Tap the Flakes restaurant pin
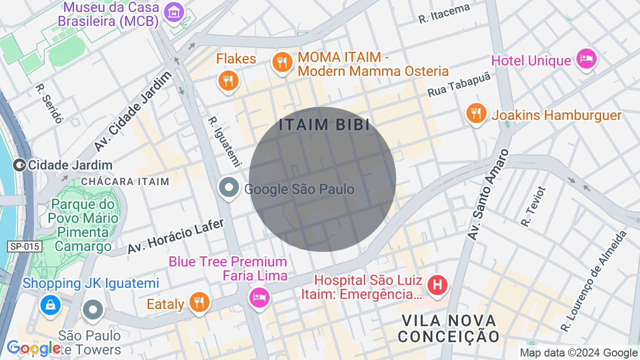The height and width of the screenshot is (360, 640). (x=228, y=80)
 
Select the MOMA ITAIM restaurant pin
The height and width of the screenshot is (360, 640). (x=282, y=62)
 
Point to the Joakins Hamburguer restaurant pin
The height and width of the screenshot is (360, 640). (x=476, y=113)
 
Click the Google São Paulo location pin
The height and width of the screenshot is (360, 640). (x=229, y=188)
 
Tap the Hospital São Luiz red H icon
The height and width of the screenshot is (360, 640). (x=437, y=285)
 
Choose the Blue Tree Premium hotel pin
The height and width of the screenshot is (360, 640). (x=259, y=297)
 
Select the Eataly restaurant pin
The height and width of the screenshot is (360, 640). (x=199, y=302)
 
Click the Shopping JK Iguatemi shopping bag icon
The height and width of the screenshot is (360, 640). (x=50, y=304)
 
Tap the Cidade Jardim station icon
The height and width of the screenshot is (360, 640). (x=19, y=164)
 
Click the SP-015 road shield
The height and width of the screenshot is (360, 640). (x=24, y=246)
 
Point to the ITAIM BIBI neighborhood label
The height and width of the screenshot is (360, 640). (x=324, y=125)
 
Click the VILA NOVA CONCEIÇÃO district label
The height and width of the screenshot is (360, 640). (x=448, y=328)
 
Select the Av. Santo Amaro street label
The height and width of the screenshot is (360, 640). (x=487, y=195)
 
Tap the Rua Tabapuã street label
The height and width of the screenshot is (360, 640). (x=459, y=84)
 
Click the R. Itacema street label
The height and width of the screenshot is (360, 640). (x=444, y=14)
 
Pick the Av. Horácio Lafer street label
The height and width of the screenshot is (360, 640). (x=175, y=236)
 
